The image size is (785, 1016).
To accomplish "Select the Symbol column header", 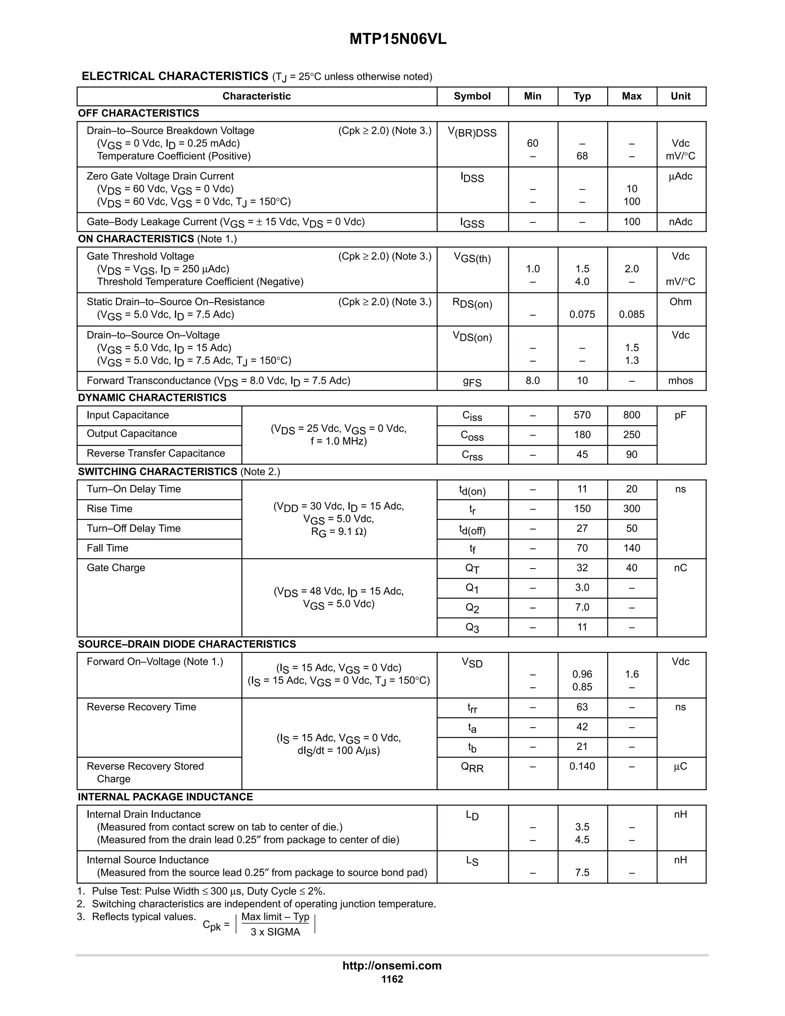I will [x=472, y=96].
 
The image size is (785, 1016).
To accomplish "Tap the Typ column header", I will [x=582, y=96].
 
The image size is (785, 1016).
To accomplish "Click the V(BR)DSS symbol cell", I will [x=472, y=133].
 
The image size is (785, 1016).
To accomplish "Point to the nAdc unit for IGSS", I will [x=680, y=222].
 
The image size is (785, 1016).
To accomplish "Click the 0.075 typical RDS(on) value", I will [x=582, y=314].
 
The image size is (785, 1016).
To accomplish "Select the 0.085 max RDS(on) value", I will [x=632, y=314].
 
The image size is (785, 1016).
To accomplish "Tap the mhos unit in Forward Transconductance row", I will [x=680, y=381].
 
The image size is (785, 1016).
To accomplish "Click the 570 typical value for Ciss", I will [x=582, y=415].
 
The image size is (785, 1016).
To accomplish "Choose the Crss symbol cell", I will [x=472, y=455].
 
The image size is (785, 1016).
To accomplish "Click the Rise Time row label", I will [x=110, y=509].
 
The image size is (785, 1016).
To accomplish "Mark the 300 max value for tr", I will [x=632, y=509].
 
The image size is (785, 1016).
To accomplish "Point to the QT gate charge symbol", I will [x=472, y=569].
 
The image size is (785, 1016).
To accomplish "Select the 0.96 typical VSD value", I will [x=582, y=674].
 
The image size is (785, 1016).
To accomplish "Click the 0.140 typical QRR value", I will [x=582, y=766].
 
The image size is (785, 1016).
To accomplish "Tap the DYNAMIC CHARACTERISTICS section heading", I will [x=152, y=398].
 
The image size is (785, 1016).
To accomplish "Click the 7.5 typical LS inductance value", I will [x=582, y=873].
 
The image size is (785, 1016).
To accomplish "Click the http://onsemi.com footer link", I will [x=392, y=966].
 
